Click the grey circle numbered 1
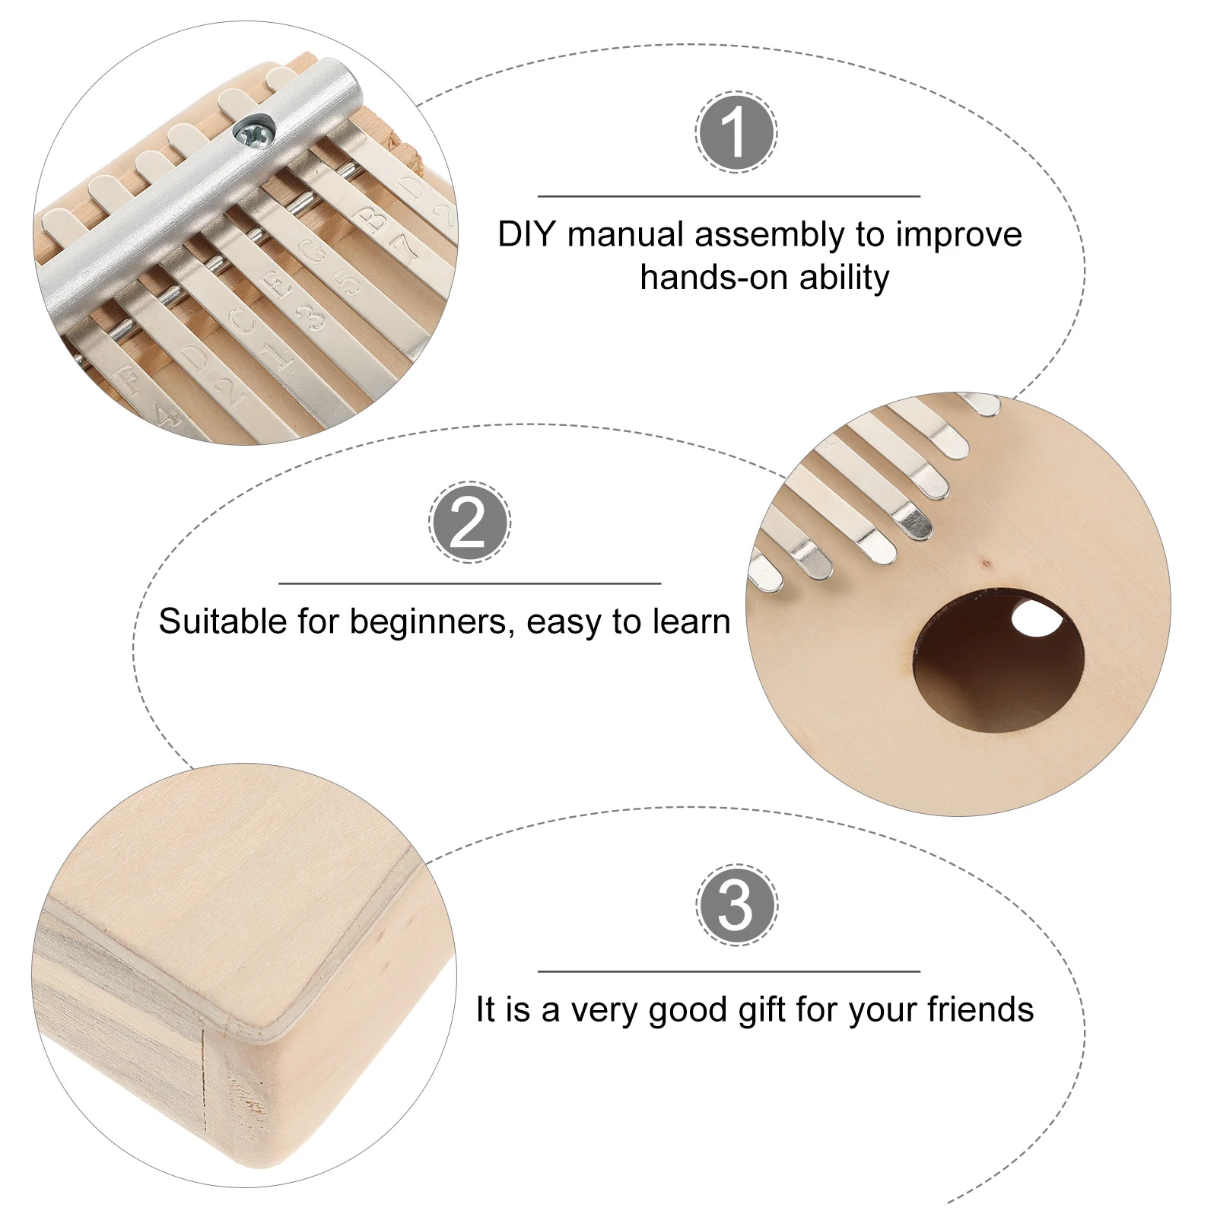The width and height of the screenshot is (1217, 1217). point(736,132)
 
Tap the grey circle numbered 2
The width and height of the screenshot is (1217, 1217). point(469,522)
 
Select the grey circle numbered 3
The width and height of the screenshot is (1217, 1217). point(736,904)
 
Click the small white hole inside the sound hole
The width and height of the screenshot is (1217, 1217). point(1037,618)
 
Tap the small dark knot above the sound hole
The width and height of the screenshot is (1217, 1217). point(987,564)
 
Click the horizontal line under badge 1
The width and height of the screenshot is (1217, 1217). point(729,196)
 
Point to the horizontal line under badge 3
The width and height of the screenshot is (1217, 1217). point(729,971)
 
